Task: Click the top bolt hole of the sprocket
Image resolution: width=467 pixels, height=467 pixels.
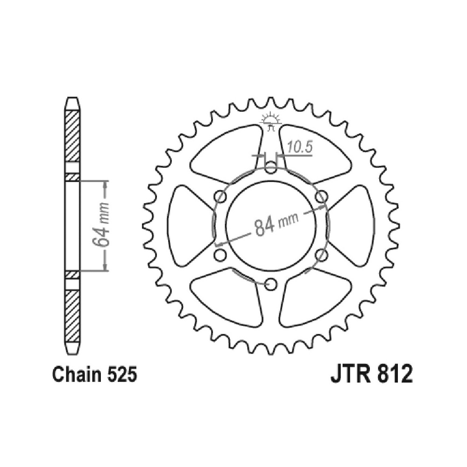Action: coord(270,167)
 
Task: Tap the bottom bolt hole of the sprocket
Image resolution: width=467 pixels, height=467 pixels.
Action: coord(270,284)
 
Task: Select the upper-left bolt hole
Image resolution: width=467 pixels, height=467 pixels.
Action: coord(220,196)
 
